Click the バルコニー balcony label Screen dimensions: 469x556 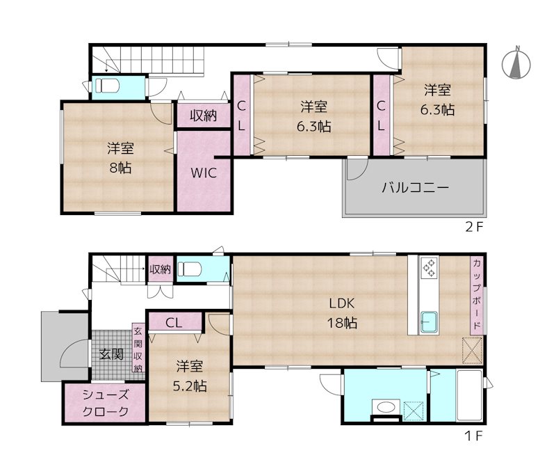pyautogui.click(x=415, y=187)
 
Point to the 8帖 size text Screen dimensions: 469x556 pyautogui.click(x=120, y=168)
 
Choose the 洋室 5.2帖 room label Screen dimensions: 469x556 pyautogui.click(x=190, y=375)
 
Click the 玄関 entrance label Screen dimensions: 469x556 pyautogui.click(x=111, y=354)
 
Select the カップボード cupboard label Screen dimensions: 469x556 pyautogui.click(x=477, y=295)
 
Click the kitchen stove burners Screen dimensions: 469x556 pyautogui.click(x=428, y=268)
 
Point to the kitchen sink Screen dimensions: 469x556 pyautogui.click(x=429, y=321)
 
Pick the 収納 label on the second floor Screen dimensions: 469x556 pyautogui.click(x=203, y=116)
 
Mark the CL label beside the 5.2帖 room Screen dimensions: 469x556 pyautogui.click(x=174, y=321)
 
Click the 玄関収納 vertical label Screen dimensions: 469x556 pyautogui.click(x=138, y=349)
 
